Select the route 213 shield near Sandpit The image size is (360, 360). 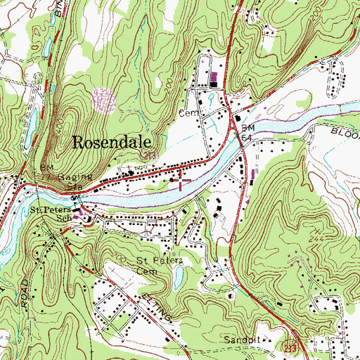(290, 346)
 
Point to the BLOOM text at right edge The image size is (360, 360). (344, 131)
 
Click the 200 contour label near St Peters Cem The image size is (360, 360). (122, 260)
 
